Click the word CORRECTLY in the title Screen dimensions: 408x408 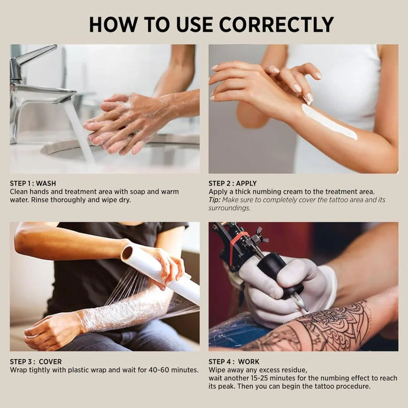[277, 24]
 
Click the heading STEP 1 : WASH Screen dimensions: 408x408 [33, 184]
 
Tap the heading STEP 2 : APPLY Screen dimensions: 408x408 [232, 184]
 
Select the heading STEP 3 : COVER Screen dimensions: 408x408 [36, 362]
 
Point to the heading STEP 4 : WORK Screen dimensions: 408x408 [234, 362]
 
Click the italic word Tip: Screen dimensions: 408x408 [214, 200]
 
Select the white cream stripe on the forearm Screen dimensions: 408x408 [329, 121]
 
